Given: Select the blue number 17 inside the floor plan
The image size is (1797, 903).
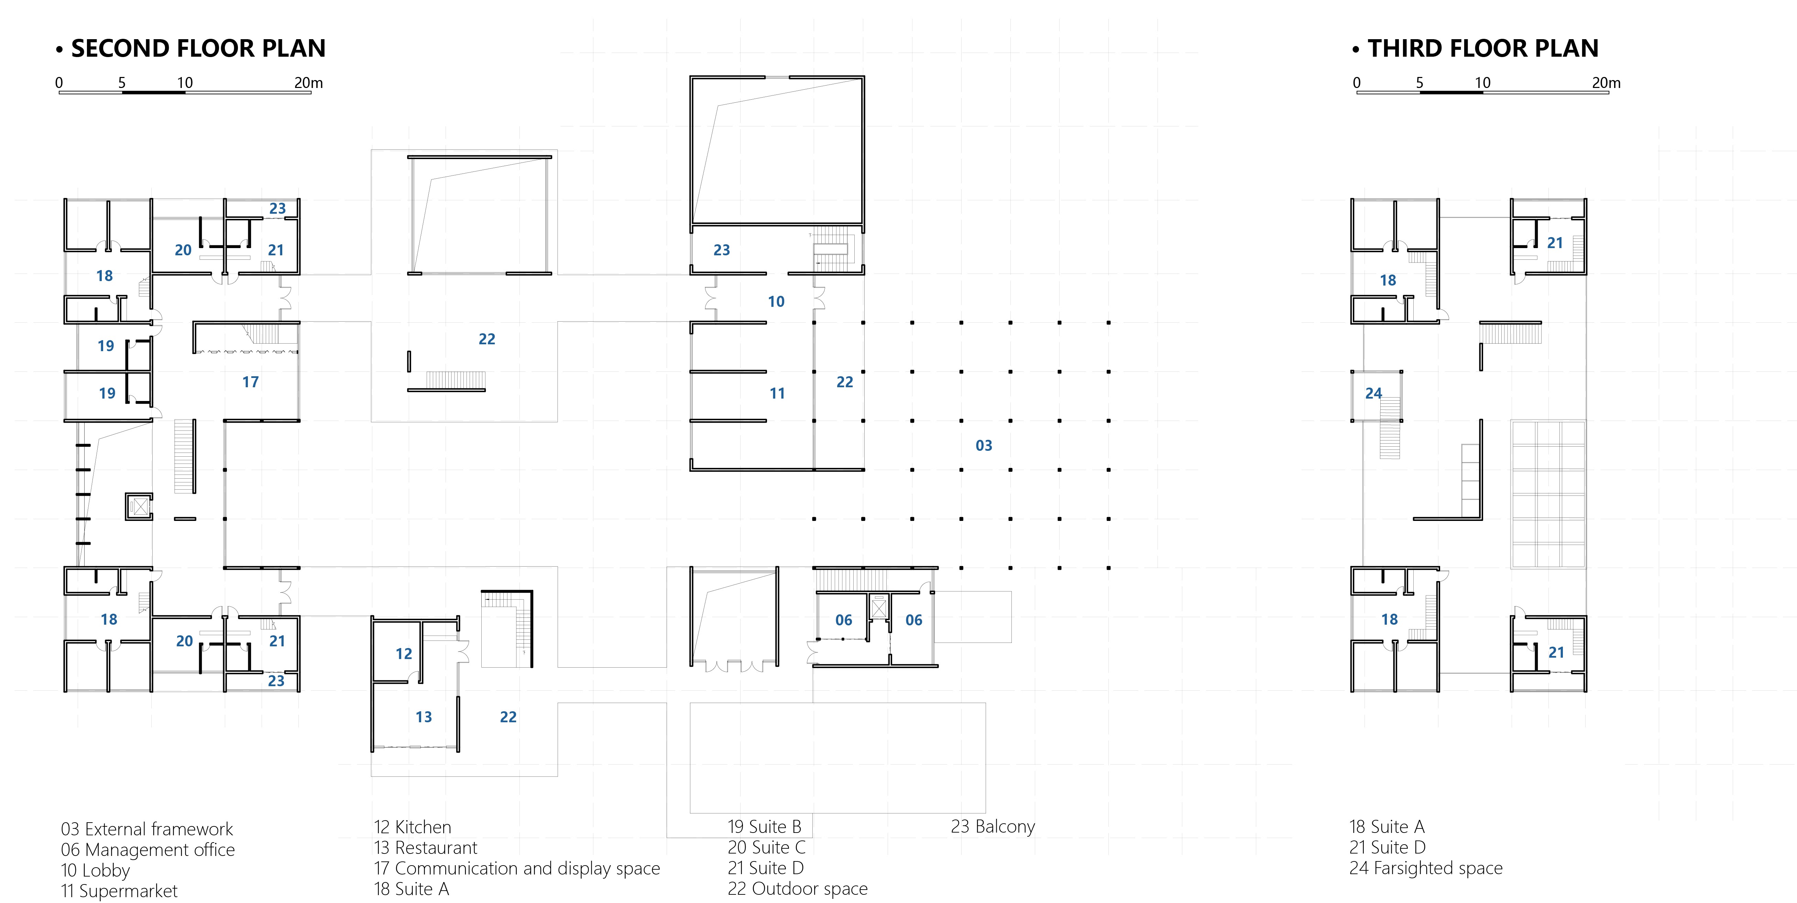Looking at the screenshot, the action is [x=250, y=382].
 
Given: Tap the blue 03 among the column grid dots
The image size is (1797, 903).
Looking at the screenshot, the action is [x=984, y=446].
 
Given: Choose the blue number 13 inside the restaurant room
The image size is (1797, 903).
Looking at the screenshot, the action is [x=424, y=717].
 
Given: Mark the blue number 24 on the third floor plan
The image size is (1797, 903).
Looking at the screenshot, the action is [x=1373, y=393].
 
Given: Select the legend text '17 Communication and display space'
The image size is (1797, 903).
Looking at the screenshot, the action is [x=517, y=868].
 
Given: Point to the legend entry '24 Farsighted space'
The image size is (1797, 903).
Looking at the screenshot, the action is [x=1426, y=868].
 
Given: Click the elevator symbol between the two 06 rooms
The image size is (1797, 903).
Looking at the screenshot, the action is [x=879, y=609].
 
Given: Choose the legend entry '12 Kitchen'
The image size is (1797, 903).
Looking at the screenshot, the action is [x=412, y=827].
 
